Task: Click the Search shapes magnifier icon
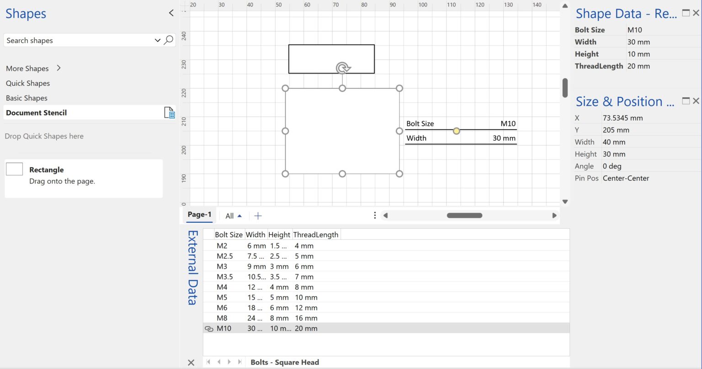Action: coord(169,40)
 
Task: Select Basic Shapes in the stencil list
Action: coord(27,98)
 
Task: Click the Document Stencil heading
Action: coord(37,113)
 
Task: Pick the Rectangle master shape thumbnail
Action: coord(14,169)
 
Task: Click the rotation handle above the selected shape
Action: coord(343,68)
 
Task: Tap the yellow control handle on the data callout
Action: coord(456,131)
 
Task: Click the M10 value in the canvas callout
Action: coord(508,124)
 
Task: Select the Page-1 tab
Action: coord(199,215)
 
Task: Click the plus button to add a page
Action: coord(258,216)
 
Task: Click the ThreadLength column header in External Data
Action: coord(315,235)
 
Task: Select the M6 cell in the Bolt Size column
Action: coord(222,308)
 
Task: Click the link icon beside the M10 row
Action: coord(209,329)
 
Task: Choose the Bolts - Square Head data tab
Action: coord(284,362)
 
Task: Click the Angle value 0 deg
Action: coord(612,166)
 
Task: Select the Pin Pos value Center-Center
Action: coord(626,179)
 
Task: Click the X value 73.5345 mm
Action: coord(622,118)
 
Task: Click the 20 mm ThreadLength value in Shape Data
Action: coord(638,66)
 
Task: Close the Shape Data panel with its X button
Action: coord(696,13)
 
